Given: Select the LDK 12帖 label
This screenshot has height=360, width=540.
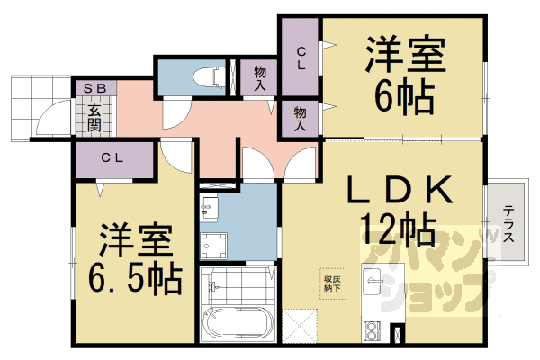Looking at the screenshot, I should tap(398, 206).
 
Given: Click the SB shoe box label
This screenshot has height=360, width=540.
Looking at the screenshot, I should tap(94, 88).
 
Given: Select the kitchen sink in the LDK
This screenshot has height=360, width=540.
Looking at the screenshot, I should tap(372, 285).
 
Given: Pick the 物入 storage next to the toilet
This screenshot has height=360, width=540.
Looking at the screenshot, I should tap(259, 76).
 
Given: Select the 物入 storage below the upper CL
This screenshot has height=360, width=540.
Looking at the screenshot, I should tap(301, 118).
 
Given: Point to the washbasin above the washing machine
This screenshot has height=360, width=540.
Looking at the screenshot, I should tap(209, 208).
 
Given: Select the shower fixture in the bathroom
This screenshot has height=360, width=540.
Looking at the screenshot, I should tap(214, 287).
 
